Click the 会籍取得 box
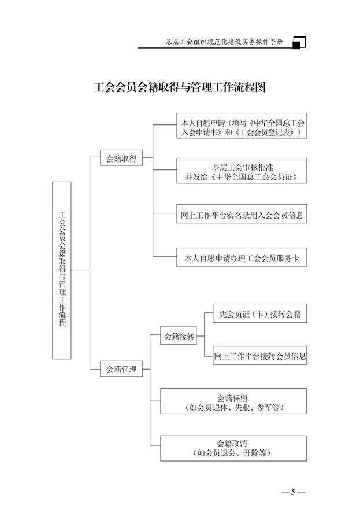point(121,158)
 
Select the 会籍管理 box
point(121,369)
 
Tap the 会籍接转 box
point(179,335)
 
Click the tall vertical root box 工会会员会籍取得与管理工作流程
point(62,270)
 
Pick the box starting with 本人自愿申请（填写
point(242,126)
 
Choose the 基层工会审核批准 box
point(242,171)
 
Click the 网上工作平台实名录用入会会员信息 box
point(242,214)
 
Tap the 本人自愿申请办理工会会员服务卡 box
point(242,257)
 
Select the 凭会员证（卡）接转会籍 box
point(260,313)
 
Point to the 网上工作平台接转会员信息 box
point(260,355)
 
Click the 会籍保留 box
point(233,401)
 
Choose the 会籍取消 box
point(233,448)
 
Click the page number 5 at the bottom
point(293,492)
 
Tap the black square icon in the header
point(296,45)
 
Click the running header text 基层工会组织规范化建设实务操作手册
point(224,42)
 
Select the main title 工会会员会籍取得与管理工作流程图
point(180,87)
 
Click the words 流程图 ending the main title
point(250,87)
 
